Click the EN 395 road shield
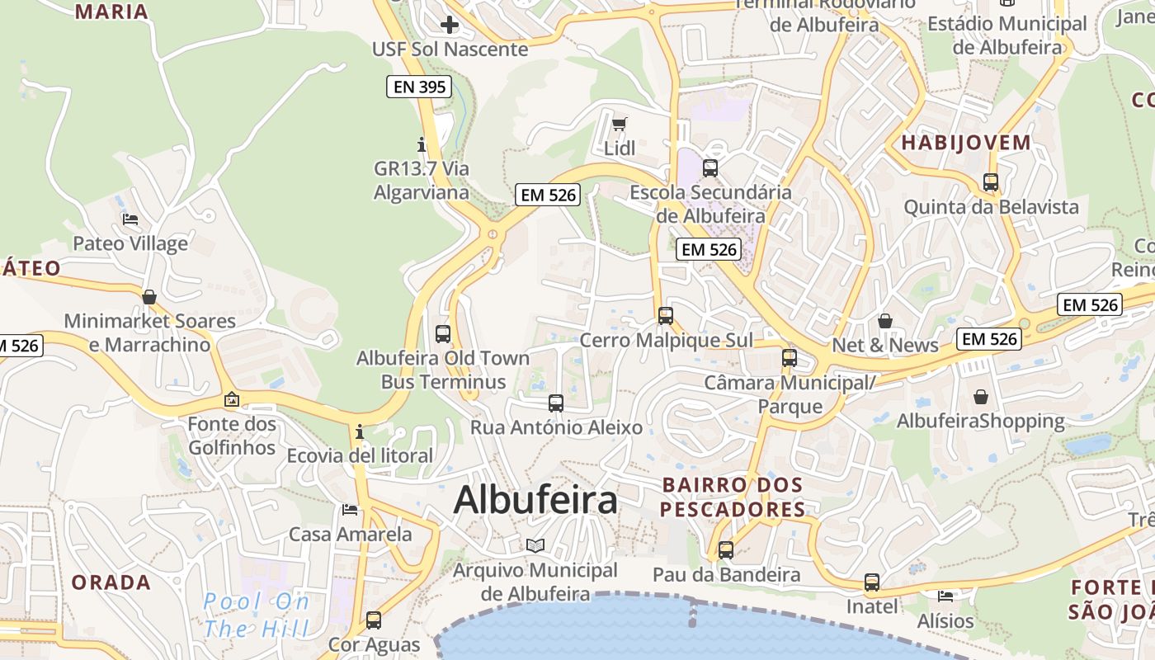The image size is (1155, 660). (x=419, y=87)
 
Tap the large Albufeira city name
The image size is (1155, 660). (x=535, y=500)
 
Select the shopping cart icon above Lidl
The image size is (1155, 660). (x=620, y=125)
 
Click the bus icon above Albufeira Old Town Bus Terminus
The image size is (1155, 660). (x=443, y=334)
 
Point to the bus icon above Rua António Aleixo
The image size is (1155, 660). (x=556, y=403)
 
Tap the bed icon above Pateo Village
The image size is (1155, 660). (x=130, y=219)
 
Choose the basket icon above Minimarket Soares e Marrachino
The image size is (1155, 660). (x=149, y=297)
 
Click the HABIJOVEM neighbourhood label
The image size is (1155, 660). (x=965, y=143)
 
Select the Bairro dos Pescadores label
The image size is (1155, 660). (x=733, y=497)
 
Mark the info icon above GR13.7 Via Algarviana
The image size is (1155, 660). (x=422, y=145)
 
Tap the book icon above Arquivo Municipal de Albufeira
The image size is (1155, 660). (x=535, y=545)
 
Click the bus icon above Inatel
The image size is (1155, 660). (x=872, y=582)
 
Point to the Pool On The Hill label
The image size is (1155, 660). (x=257, y=615)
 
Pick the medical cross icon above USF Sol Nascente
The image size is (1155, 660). (x=450, y=25)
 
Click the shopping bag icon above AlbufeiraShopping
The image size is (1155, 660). (x=981, y=398)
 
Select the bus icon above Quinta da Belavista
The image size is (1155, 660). (x=991, y=182)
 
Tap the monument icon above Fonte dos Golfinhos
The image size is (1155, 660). (x=232, y=400)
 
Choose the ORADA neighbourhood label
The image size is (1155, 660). (x=111, y=582)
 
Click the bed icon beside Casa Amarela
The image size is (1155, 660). (x=350, y=510)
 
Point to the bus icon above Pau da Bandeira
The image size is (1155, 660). (x=726, y=550)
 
